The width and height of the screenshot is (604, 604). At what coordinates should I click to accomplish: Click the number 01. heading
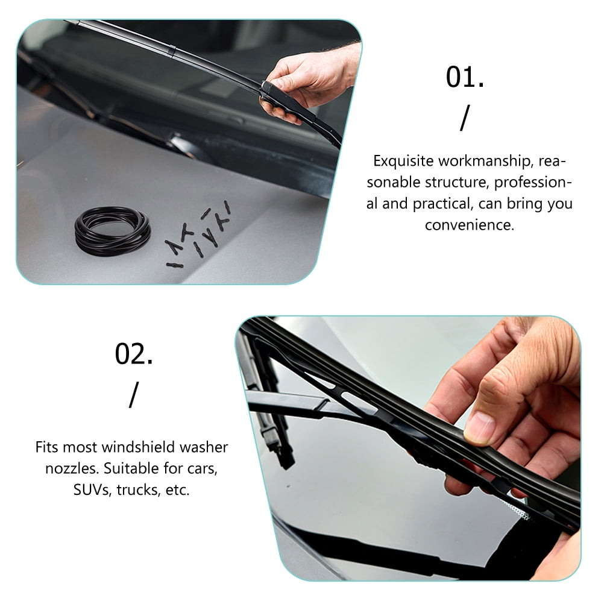pos(464,78)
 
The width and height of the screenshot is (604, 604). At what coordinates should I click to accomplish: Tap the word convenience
pos(470,225)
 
